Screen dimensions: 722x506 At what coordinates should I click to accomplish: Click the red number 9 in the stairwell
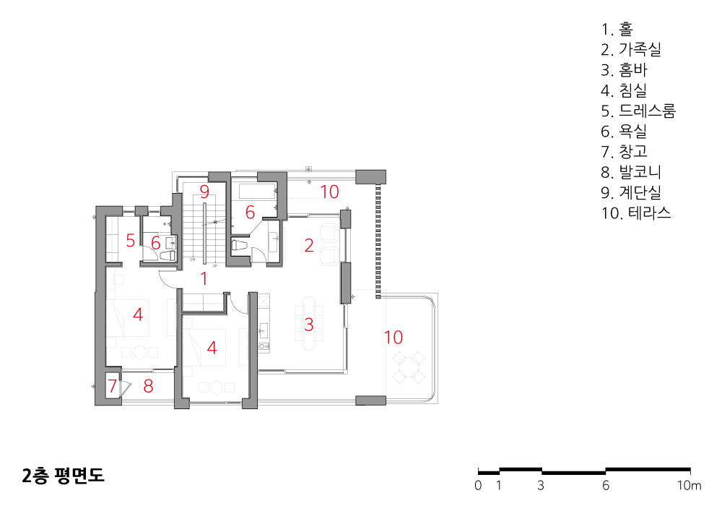click(204, 192)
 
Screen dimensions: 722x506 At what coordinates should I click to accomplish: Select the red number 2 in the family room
click(309, 245)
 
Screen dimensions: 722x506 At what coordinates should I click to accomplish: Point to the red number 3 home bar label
click(309, 325)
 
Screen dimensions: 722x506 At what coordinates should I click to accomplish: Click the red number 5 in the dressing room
click(130, 240)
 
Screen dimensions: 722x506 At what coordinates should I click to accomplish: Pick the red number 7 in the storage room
click(113, 385)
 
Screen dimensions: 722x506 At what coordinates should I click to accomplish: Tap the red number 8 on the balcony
click(148, 386)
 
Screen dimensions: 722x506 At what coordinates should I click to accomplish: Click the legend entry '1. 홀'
click(617, 29)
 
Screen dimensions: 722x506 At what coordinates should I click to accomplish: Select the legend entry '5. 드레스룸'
click(638, 111)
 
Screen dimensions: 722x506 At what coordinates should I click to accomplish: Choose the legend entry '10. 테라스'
click(636, 213)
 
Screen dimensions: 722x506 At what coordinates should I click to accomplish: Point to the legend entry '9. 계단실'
click(631, 192)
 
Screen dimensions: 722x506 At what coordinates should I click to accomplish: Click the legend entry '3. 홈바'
click(624, 69)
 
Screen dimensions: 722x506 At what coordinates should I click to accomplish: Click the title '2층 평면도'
click(63, 475)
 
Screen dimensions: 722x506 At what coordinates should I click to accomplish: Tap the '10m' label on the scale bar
click(689, 485)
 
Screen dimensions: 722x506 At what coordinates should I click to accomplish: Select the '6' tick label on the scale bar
click(606, 485)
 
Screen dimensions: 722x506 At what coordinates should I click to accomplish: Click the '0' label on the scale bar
click(478, 485)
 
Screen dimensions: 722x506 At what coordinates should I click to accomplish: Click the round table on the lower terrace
click(409, 367)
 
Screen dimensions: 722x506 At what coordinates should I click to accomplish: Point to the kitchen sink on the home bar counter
click(264, 330)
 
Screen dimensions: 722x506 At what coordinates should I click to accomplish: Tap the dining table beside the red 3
click(309, 324)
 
